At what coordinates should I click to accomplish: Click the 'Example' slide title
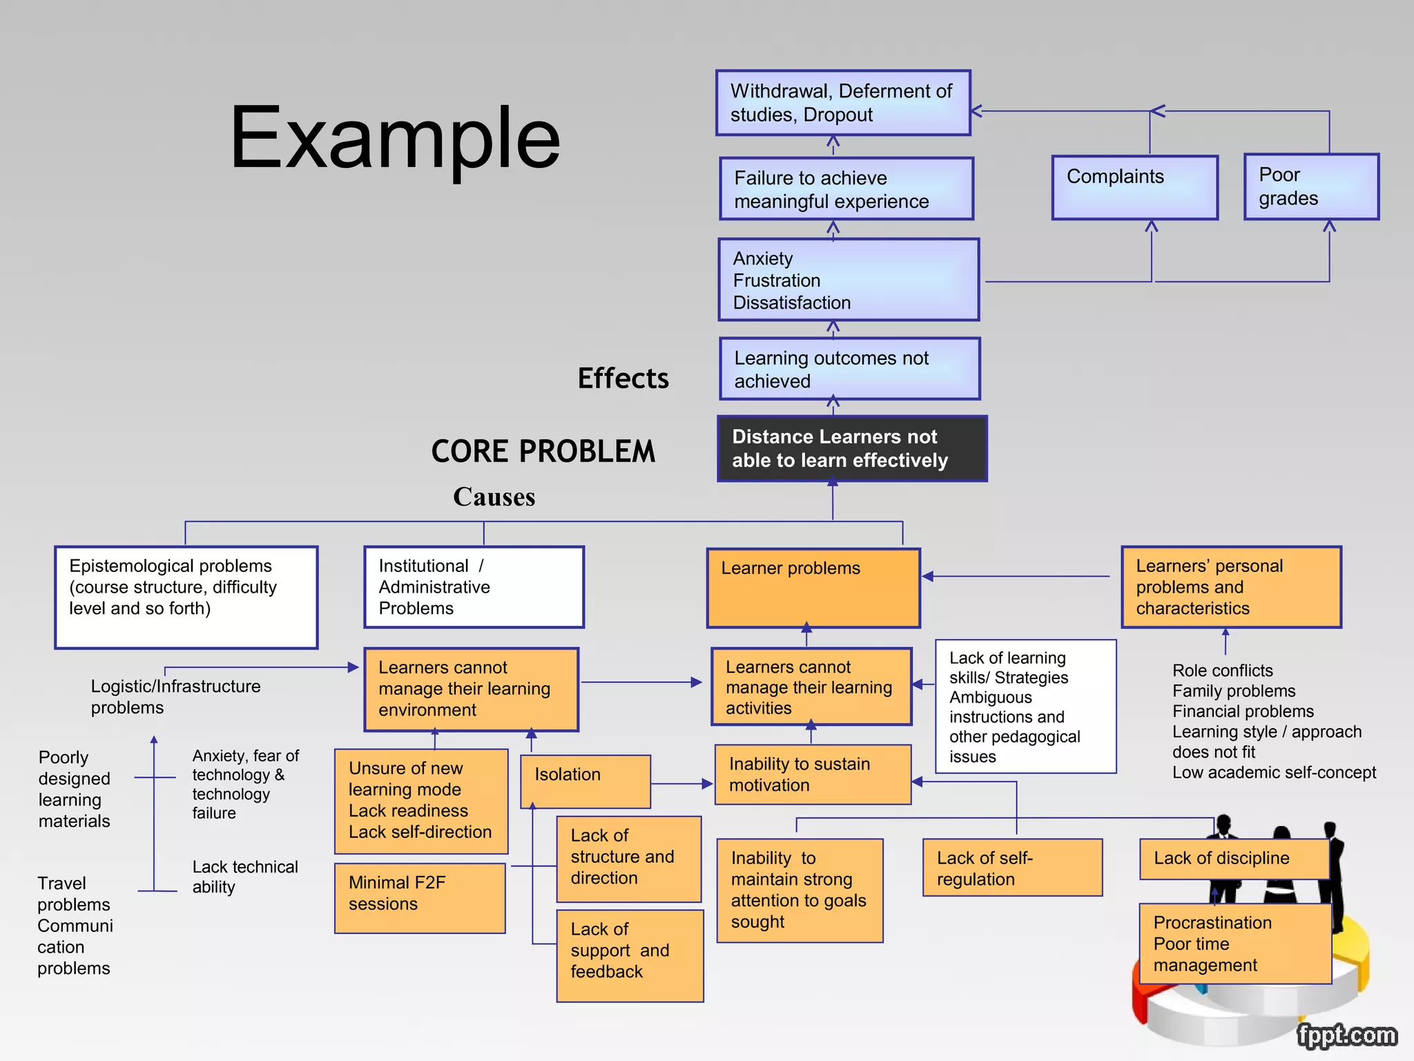click(x=394, y=137)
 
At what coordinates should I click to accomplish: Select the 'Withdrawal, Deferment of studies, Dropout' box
click(x=843, y=103)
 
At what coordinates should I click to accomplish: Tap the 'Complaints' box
click(x=1134, y=187)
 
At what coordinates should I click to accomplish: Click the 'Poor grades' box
click(x=1310, y=187)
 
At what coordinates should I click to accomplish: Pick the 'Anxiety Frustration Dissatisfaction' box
click(x=849, y=280)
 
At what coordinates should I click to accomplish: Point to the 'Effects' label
click(x=623, y=379)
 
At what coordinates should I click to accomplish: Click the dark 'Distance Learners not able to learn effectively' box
click(x=852, y=448)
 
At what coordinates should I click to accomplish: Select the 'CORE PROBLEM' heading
click(x=543, y=451)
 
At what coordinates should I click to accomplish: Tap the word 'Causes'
click(x=494, y=497)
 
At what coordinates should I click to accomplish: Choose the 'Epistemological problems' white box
click(x=186, y=597)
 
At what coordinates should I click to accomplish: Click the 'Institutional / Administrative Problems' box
click(x=474, y=587)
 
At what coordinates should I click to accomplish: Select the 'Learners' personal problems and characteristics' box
click(x=1231, y=587)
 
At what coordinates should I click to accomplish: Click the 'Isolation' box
click(x=585, y=781)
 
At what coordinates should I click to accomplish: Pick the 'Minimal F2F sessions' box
click(x=419, y=898)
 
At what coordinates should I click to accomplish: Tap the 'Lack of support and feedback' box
click(x=630, y=955)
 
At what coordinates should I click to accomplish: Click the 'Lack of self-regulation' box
click(x=1012, y=868)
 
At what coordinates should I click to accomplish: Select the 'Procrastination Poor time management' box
click(x=1234, y=944)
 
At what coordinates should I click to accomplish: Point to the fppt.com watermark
click(x=1346, y=1035)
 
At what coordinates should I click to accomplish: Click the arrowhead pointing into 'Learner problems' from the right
click(x=928, y=576)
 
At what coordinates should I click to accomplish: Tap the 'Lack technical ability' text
click(x=244, y=877)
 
